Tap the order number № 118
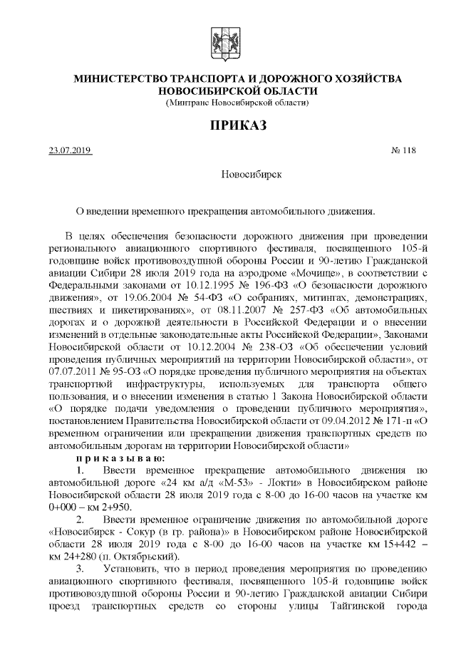coord(403,150)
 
